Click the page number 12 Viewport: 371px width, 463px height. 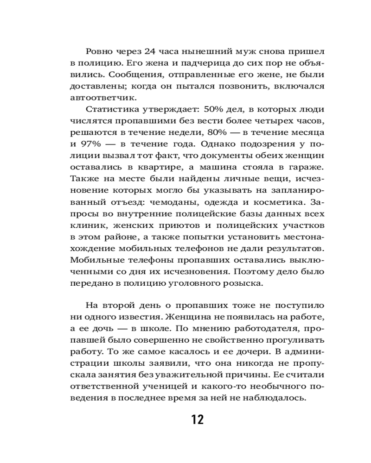tap(197, 419)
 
